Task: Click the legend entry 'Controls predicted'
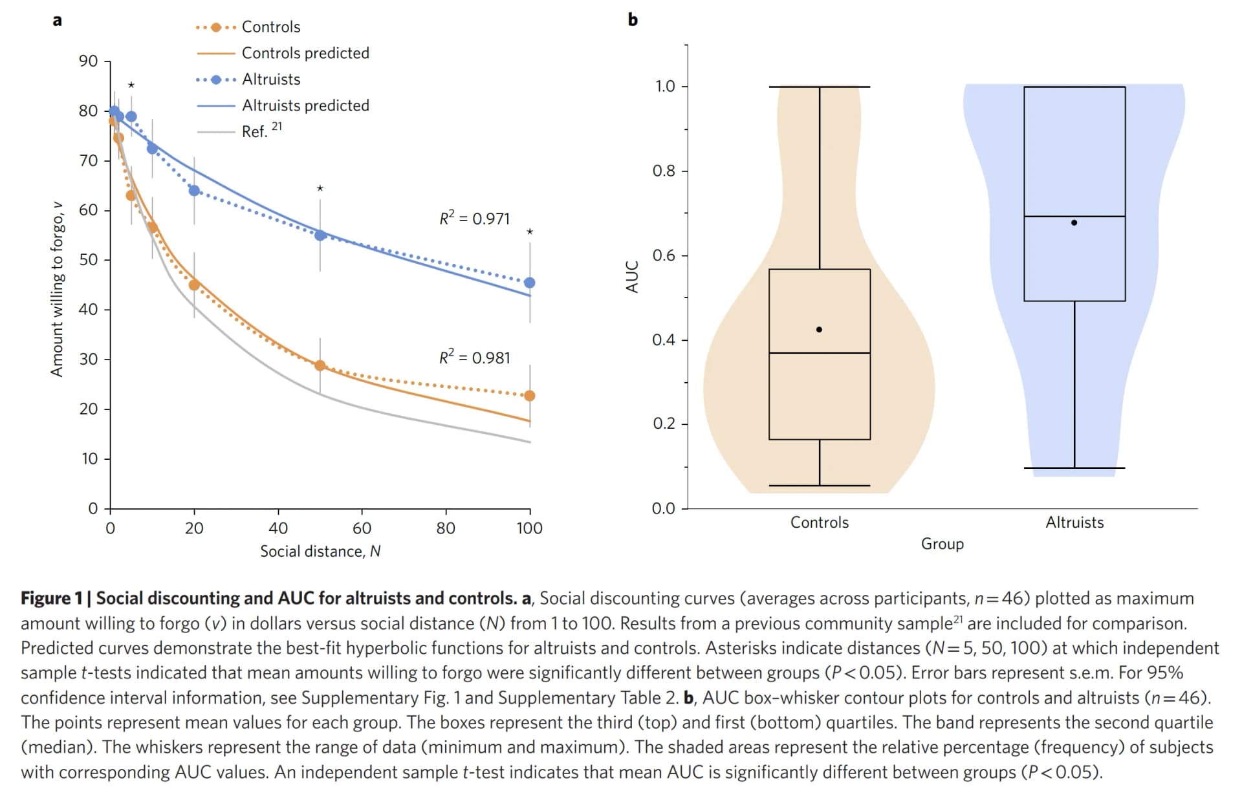[305, 53]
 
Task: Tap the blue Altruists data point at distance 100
[530, 283]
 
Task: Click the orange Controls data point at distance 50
[320, 365]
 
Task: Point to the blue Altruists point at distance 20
[194, 191]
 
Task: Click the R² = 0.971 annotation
[474, 218]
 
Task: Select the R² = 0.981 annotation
[474, 357]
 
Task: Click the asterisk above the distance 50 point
[320, 189]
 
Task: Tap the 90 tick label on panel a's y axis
[88, 61]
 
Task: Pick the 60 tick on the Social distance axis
[362, 528]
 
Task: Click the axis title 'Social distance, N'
[320, 551]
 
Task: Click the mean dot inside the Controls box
[819, 330]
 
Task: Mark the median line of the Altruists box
[1074, 216]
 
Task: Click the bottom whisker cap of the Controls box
[819, 485]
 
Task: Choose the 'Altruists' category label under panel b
[1074, 523]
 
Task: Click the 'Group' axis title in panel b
[942, 544]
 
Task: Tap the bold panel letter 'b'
[633, 20]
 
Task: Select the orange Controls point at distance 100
[530, 396]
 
